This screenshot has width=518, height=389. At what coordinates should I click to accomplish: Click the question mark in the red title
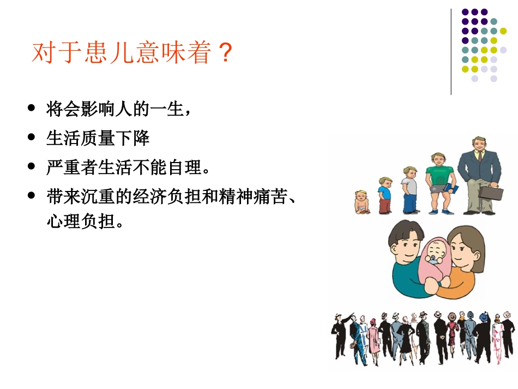(x=225, y=53)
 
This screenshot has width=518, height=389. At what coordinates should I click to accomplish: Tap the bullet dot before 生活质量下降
(x=32, y=138)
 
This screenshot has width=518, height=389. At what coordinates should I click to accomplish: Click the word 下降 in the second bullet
(x=134, y=139)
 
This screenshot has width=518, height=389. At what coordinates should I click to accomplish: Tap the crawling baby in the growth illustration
(x=361, y=202)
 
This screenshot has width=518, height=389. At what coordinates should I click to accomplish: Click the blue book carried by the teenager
(x=454, y=189)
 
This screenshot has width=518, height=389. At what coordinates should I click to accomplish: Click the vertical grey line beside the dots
(x=451, y=52)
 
